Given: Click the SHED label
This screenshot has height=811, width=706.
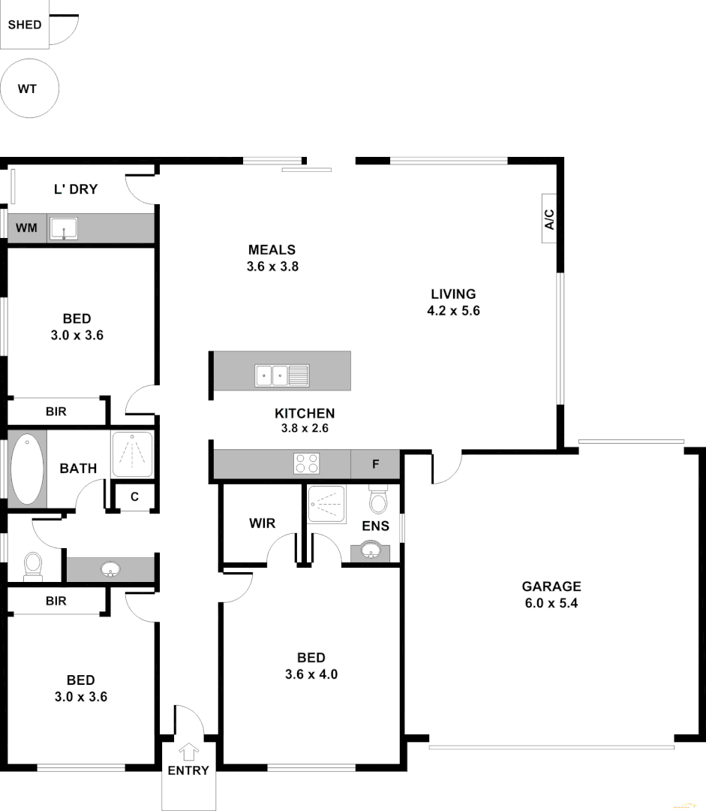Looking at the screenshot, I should (25, 24).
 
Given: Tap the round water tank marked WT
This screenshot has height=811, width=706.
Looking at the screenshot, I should (28, 89).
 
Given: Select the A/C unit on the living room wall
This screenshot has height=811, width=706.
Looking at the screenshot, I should (548, 219).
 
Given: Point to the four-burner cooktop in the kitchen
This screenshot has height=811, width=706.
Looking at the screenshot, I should (306, 464).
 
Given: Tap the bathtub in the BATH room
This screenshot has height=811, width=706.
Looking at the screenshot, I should (27, 469).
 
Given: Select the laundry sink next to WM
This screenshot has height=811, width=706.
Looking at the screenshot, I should (64, 228).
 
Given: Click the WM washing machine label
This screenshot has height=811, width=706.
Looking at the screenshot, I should (26, 227).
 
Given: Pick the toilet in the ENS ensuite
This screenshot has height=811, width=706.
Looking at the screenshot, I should (377, 499).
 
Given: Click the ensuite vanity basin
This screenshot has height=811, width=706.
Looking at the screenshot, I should (370, 552).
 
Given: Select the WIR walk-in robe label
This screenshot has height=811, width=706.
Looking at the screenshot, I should (263, 523).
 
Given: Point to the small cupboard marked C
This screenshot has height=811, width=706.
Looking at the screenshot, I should (134, 496).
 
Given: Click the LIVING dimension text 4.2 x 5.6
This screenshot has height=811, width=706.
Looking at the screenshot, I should (453, 310).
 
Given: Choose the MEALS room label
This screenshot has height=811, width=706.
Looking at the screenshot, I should (272, 250).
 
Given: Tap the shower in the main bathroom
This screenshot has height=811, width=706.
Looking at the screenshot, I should (132, 454).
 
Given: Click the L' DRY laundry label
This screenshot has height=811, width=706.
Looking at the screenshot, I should (76, 189).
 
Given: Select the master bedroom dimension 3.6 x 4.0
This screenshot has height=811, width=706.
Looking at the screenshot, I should (311, 674).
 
